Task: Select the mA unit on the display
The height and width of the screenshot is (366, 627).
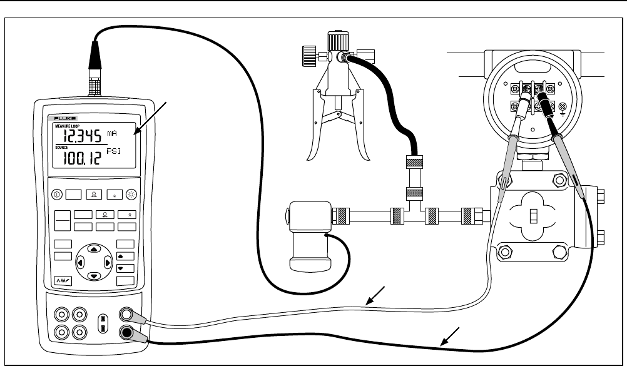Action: point(112,133)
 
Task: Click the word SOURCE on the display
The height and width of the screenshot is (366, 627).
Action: point(60,146)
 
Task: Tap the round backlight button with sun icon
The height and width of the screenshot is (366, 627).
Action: point(132,193)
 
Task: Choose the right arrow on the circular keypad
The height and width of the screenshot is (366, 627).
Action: point(106,262)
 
